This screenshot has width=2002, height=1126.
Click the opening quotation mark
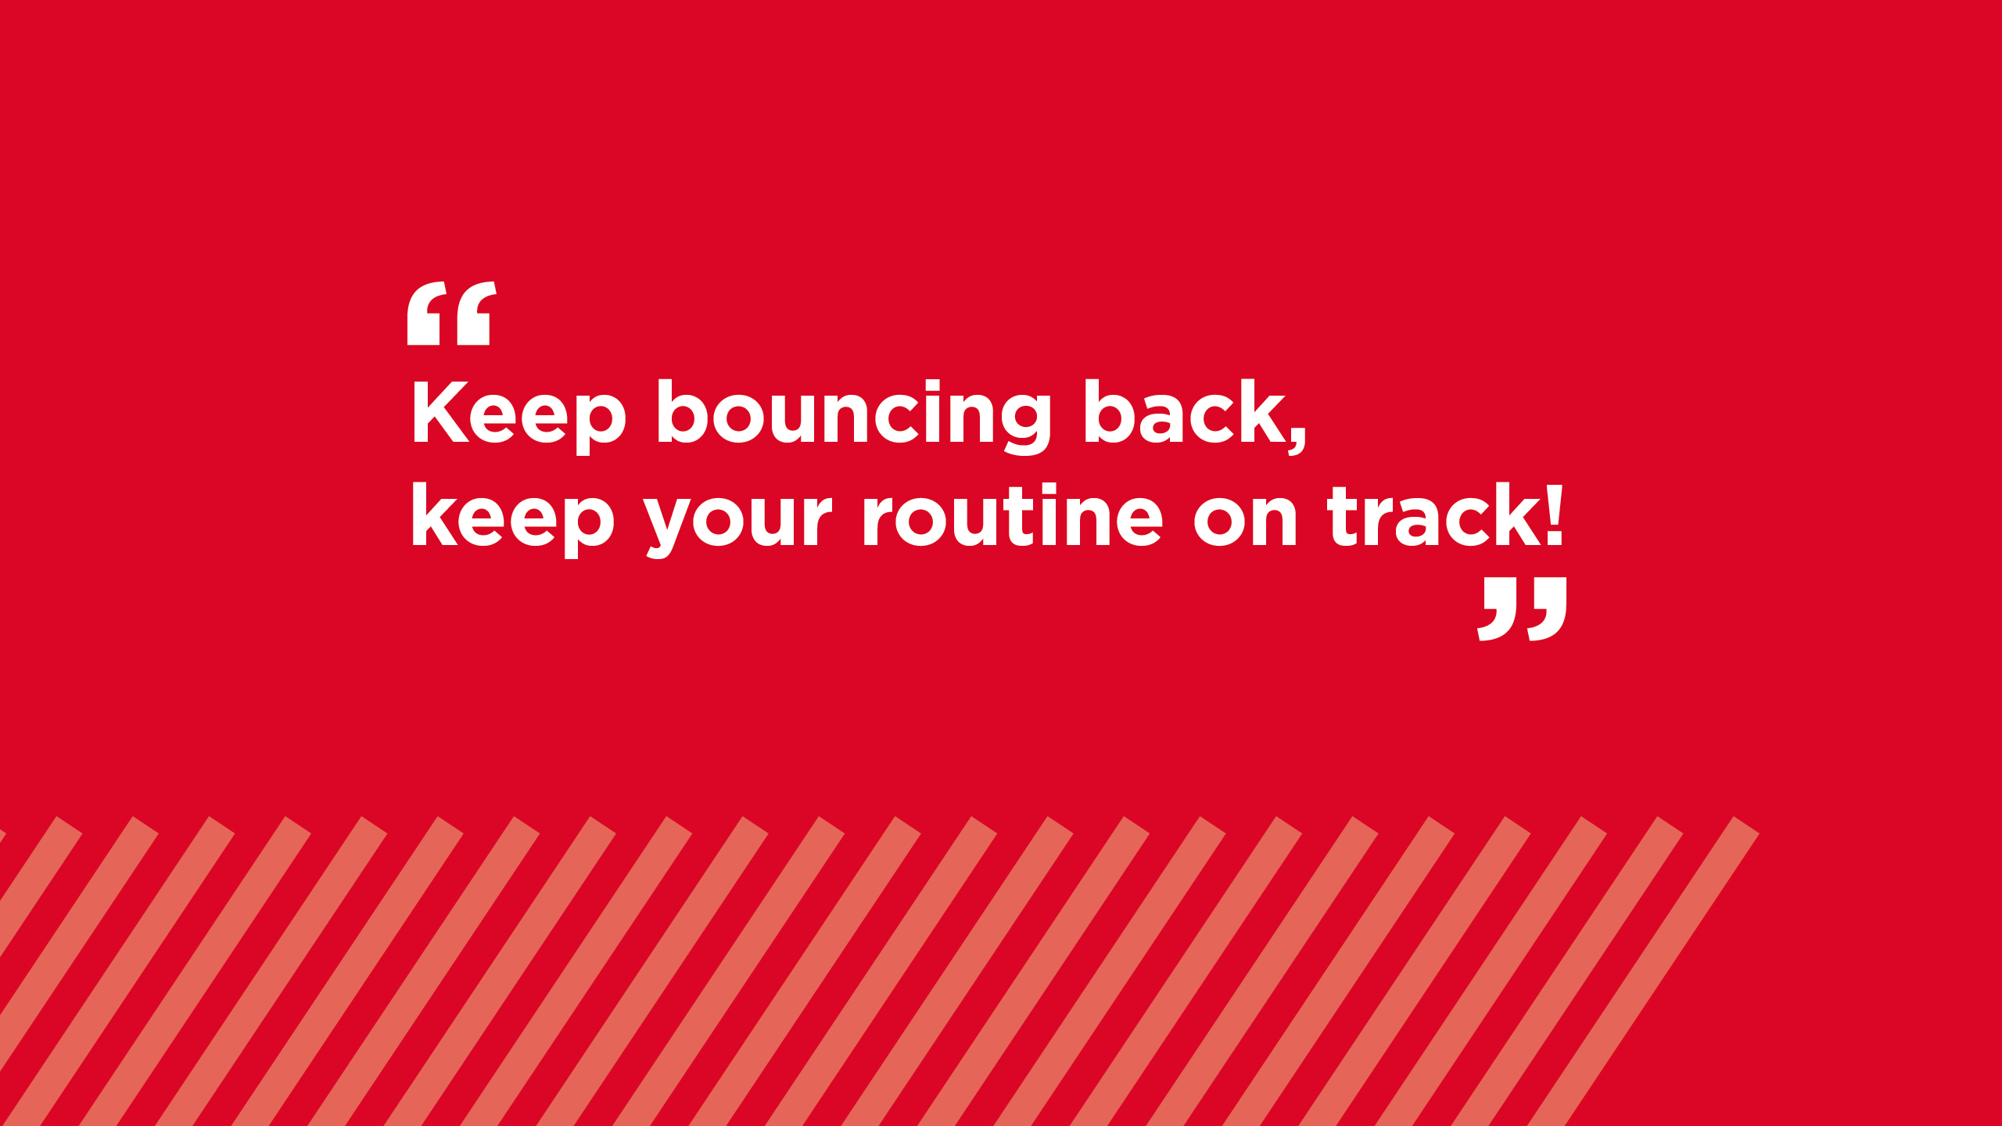[x=451, y=313]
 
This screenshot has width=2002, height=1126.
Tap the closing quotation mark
[x=1522, y=609]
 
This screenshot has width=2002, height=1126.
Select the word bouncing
[x=855, y=416]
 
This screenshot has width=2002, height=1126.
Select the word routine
[x=1014, y=515]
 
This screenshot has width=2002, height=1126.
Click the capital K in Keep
[x=441, y=412]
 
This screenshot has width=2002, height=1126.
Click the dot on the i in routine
[x=1040, y=489]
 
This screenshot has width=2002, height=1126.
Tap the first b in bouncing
[x=682, y=411]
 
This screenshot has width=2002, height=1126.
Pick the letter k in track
[x=1512, y=515]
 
